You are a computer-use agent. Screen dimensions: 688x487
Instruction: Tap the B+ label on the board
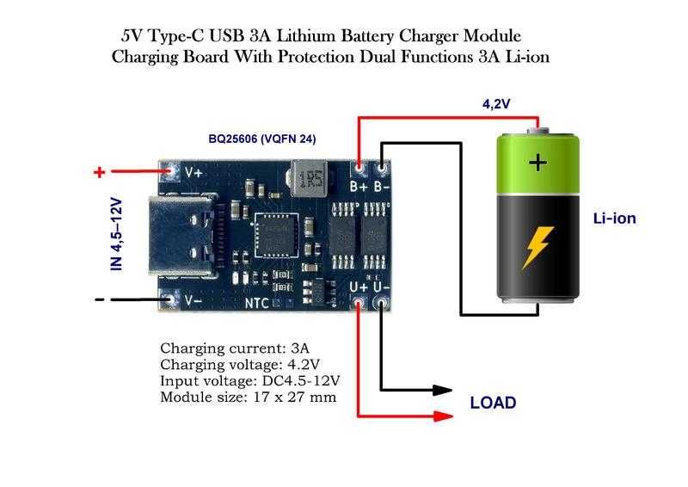pyautogui.click(x=359, y=187)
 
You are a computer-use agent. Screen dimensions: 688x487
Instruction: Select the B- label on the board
pyautogui.click(x=381, y=187)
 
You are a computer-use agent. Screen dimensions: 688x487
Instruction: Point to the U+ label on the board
pyautogui.click(x=359, y=287)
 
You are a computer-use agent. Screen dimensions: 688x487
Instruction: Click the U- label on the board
pyautogui.click(x=381, y=287)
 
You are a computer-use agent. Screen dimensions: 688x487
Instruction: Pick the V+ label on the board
pyautogui.click(x=193, y=172)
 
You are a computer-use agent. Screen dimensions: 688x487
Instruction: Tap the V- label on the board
pyautogui.click(x=193, y=300)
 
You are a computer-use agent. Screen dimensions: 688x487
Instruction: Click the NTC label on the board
pyautogui.click(x=256, y=303)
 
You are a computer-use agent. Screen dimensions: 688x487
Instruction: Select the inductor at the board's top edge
pyautogui.click(x=310, y=178)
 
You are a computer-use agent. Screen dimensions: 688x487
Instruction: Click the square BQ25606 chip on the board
pyautogui.click(x=275, y=236)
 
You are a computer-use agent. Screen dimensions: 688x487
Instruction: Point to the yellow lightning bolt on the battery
pyautogui.click(x=537, y=247)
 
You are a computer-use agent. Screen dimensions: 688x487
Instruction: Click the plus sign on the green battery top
pyautogui.click(x=538, y=163)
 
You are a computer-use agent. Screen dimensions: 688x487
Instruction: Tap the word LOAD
pyautogui.click(x=493, y=403)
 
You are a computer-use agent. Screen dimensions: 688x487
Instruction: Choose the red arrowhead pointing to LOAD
pyautogui.click(x=443, y=416)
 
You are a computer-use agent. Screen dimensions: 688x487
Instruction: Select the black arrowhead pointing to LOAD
pyautogui.click(x=442, y=390)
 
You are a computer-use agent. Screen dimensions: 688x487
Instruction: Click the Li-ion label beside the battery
pyautogui.click(x=614, y=219)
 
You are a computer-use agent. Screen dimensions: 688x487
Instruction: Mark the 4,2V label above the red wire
pyautogui.click(x=496, y=103)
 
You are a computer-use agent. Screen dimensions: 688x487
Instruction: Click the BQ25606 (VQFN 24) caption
pyautogui.click(x=262, y=139)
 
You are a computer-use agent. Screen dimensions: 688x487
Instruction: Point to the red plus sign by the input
pyautogui.click(x=100, y=172)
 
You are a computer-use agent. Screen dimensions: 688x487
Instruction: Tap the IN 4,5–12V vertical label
pyautogui.click(x=116, y=234)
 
